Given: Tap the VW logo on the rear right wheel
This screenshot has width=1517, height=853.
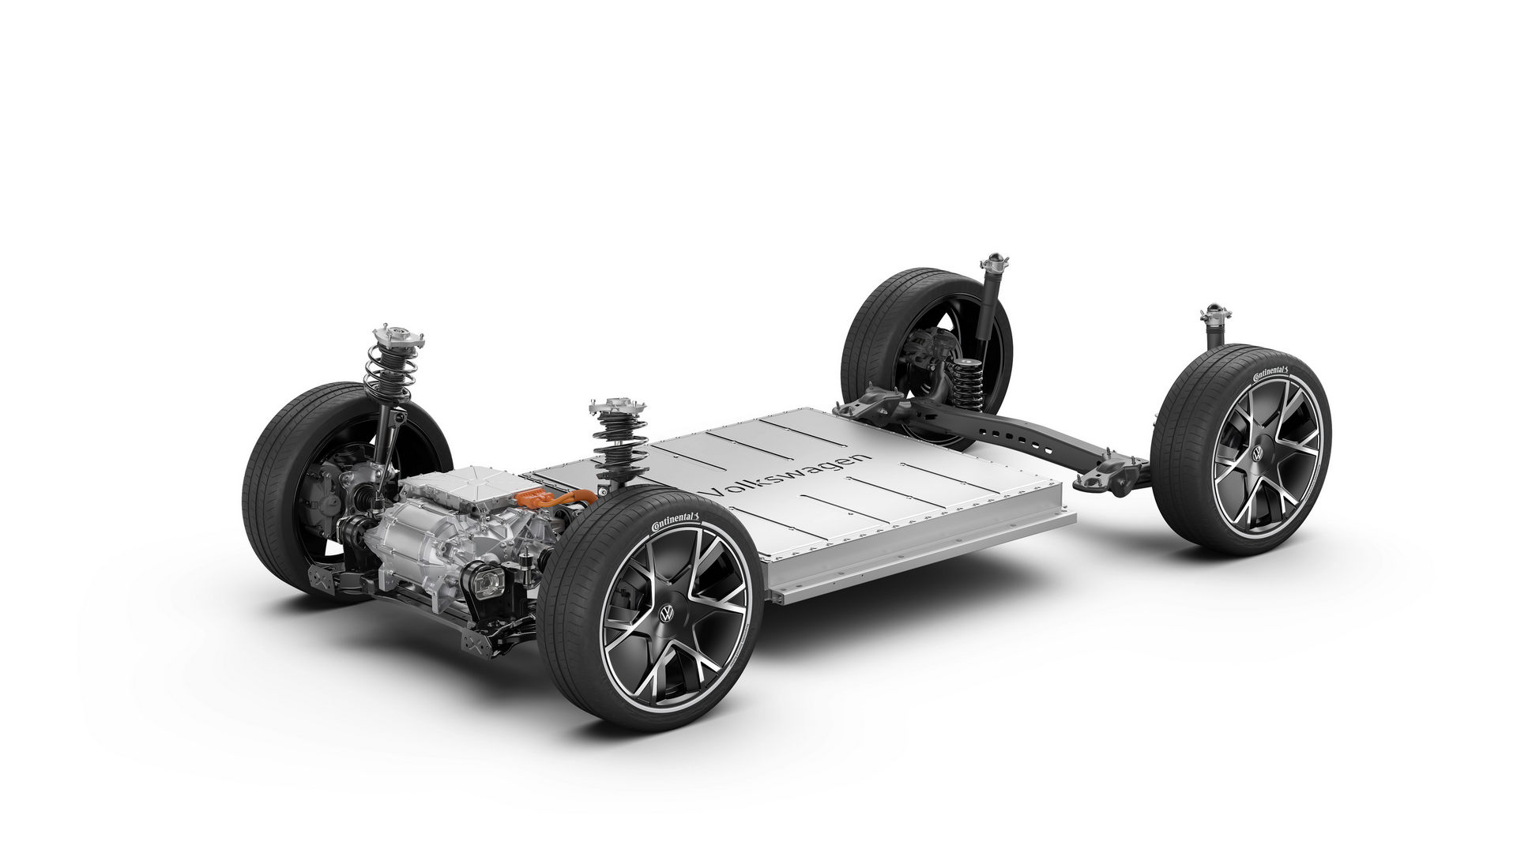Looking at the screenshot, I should click(1254, 455).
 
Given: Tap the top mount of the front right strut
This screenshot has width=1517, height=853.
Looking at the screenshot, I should click(612, 411).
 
